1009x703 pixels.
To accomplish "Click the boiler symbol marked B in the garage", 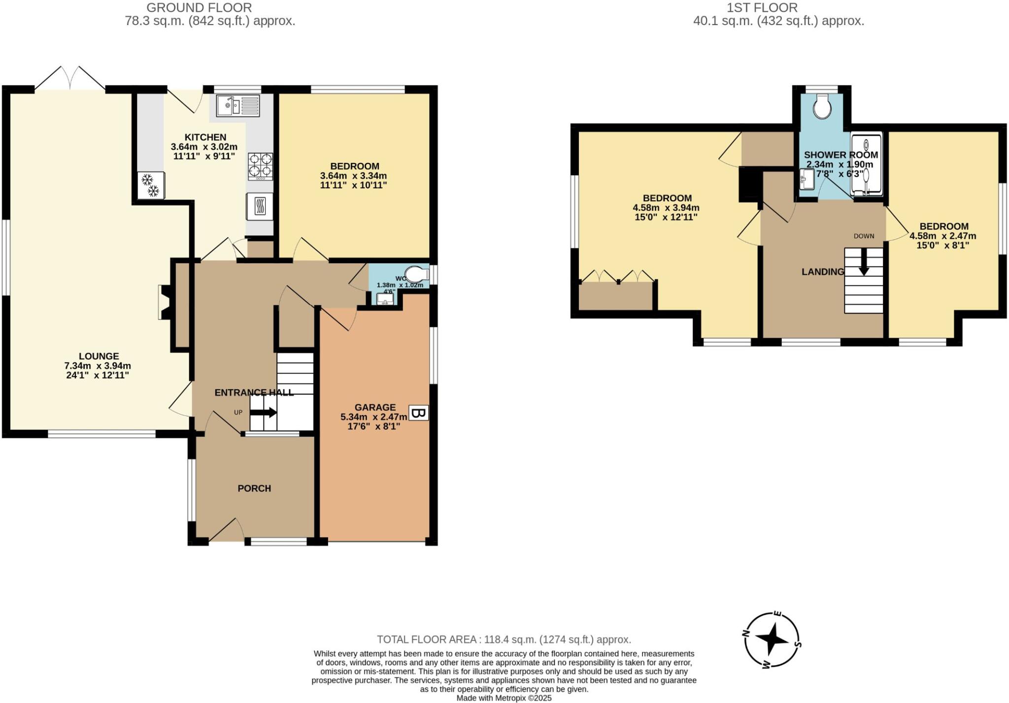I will (x=419, y=413).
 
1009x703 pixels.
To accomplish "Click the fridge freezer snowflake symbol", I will (x=150, y=185).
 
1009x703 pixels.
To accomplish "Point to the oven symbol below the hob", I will (x=260, y=206).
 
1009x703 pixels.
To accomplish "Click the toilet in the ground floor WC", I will (x=416, y=274).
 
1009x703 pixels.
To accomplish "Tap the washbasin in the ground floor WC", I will (x=386, y=299).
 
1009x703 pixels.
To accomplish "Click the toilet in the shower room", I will (x=822, y=106).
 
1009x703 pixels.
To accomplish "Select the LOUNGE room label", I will (x=99, y=356).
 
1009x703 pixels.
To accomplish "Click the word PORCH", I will (x=254, y=488).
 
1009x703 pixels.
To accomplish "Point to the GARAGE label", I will (x=375, y=407).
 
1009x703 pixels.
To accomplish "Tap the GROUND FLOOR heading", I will (x=199, y=7).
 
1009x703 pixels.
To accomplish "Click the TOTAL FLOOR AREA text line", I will (x=504, y=639).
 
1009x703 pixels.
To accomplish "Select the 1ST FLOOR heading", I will (x=762, y=7).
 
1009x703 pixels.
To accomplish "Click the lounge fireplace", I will (x=165, y=302).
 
